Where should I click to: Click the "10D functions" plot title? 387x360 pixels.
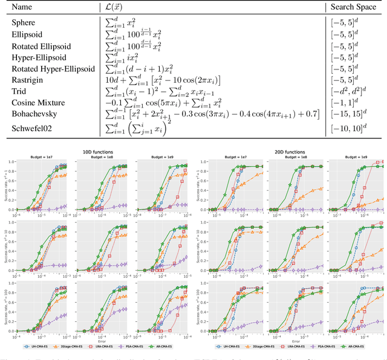point(98,152)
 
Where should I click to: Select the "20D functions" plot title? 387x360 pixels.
point(289,152)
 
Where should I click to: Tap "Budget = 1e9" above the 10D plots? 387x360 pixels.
point(157,157)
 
